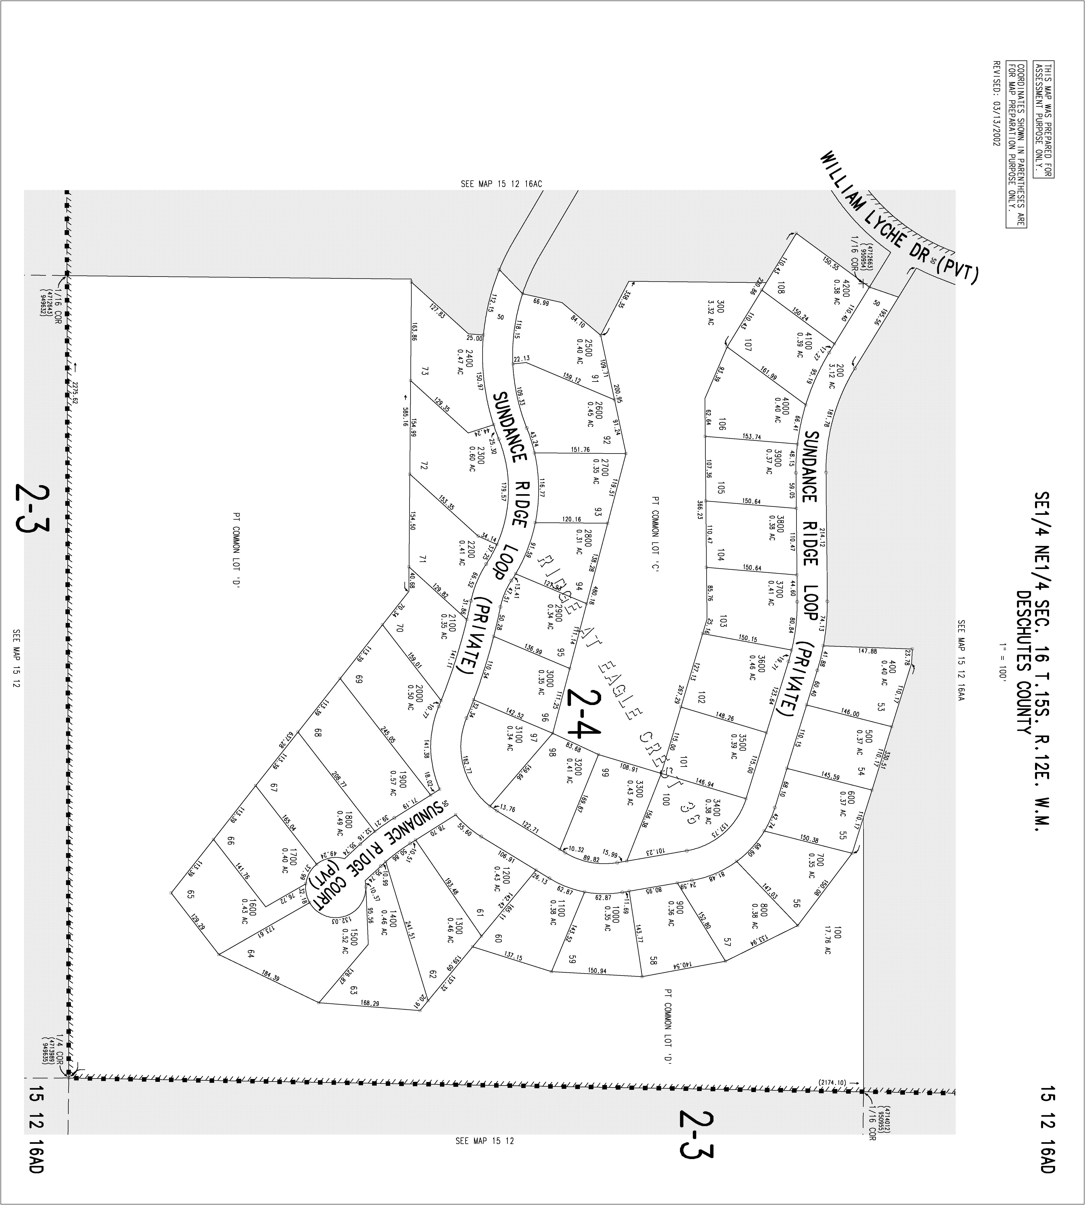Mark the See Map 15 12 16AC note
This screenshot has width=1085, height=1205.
(501, 184)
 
